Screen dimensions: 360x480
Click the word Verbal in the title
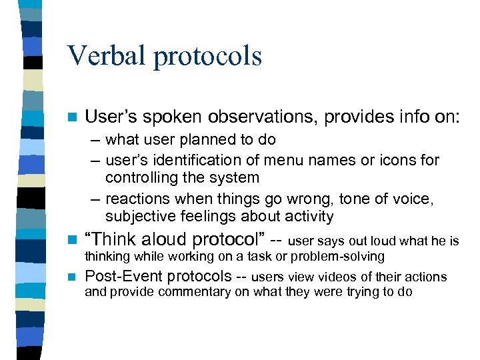[106, 56]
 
